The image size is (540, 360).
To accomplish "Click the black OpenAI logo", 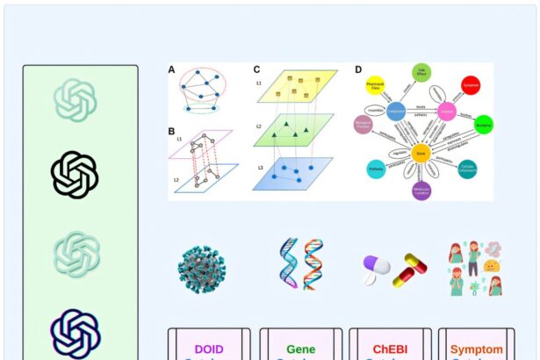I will (75, 175).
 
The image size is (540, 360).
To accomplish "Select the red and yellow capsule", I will (409, 269).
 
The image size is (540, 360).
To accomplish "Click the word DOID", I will (209, 349).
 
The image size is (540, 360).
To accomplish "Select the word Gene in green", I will (300, 349).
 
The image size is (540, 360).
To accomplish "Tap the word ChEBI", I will (391, 349).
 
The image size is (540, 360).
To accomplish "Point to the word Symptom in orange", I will (477, 349).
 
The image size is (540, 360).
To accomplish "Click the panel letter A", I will (172, 69).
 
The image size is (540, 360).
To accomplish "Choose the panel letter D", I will (358, 69).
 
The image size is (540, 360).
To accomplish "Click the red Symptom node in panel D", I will (471, 86).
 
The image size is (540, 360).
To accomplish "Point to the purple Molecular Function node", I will (421, 190).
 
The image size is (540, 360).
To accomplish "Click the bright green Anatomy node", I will (483, 125).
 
